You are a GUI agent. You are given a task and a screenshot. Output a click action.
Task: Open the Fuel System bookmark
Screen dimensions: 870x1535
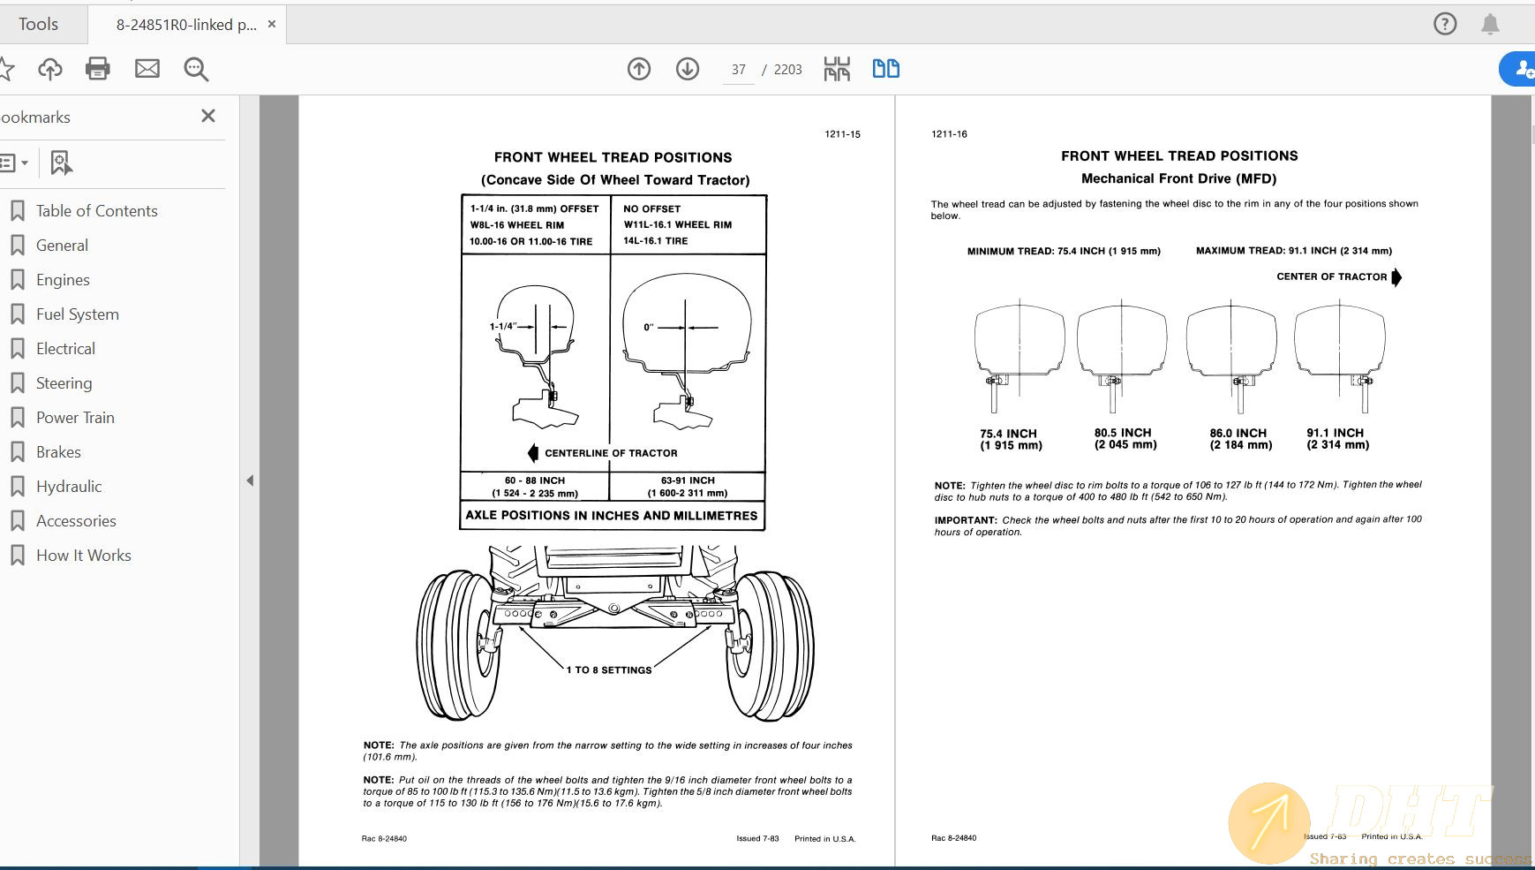pos(77,314)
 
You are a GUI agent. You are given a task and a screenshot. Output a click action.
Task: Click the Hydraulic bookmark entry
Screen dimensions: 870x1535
pos(69,487)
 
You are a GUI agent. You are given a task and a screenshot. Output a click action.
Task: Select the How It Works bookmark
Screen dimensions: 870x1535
pos(83,556)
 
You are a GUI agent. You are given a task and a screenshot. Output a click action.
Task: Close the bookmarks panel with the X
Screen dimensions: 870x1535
pos(208,116)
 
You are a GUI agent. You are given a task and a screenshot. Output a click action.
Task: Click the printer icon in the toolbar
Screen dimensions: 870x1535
pos(98,69)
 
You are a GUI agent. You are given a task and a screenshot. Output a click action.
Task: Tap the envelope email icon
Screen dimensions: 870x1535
pos(147,69)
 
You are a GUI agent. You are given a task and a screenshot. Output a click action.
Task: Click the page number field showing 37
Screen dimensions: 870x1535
pos(738,70)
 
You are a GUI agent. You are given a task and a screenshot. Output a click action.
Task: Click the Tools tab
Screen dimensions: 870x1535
pos(39,24)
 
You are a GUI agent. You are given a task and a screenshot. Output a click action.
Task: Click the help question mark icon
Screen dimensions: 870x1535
pos(1445,24)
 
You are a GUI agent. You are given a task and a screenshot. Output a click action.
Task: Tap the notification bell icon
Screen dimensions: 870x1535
pos(1490,24)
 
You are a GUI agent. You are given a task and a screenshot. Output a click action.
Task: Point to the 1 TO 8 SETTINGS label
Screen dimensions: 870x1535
pos(609,670)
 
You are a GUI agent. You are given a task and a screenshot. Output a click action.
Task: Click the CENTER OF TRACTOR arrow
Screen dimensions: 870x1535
pos(1396,277)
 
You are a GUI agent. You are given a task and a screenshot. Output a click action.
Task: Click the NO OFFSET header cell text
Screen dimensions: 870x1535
pos(651,209)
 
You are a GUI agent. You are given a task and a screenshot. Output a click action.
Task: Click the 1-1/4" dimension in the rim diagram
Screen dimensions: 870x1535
pos(502,327)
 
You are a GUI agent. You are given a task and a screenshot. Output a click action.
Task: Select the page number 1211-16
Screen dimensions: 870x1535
pos(949,134)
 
